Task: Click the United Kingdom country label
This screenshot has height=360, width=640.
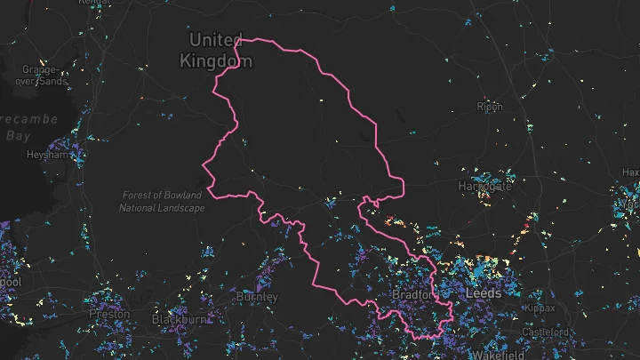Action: [216, 51]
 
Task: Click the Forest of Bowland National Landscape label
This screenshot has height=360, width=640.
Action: [162, 201]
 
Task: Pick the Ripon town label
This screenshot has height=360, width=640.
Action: [490, 108]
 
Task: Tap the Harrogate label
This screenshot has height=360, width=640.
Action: [485, 187]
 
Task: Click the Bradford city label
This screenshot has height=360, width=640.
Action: [414, 294]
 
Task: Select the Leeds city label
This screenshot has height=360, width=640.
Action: [483, 292]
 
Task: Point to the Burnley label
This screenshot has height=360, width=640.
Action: [257, 297]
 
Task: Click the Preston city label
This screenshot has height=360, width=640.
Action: [109, 314]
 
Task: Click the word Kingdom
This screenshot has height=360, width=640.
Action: [216, 61]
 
